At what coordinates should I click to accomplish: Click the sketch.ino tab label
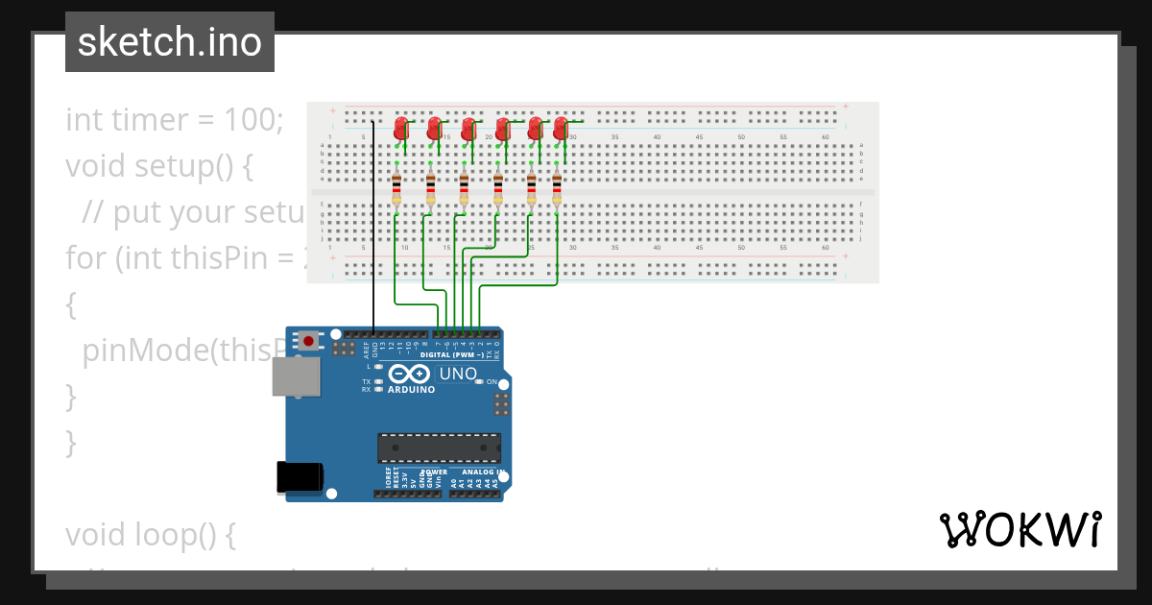170,42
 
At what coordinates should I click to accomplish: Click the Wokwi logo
1020,529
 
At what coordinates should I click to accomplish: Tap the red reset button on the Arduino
308,340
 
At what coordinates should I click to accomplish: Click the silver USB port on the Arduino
296,376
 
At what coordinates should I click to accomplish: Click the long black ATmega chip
439,448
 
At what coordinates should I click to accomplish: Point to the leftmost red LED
401,128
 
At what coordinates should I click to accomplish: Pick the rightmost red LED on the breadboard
561,128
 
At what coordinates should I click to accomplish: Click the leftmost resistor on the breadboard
396,189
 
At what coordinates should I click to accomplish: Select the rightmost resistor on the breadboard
556,189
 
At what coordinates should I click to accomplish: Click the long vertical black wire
373,221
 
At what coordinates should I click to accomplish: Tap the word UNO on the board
458,374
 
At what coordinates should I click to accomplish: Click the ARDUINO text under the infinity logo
411,390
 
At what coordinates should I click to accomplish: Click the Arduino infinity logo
410,375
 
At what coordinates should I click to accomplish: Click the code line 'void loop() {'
150,535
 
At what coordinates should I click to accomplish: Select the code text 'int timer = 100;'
175,120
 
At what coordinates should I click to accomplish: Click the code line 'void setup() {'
158,166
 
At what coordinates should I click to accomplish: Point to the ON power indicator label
492,382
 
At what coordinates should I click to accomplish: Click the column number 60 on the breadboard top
825,137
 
